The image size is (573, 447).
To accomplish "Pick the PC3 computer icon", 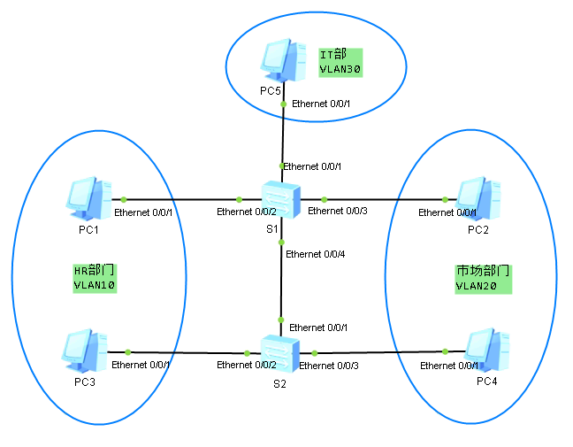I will (x=87, y=351).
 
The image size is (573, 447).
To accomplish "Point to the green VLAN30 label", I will (x=341, y=68).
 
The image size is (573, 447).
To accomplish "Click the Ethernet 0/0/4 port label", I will (x=316, y=254).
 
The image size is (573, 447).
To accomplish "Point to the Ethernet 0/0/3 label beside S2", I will (x=329, y=365).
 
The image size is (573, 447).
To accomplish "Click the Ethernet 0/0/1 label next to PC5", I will (x=321, y=104).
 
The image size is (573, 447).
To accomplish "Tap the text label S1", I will (x=272, y=229).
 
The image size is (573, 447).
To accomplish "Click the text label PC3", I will (x=85, y=381).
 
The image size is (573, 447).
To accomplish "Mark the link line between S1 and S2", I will (x=281, y=283).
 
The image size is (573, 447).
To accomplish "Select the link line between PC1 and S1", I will (x=181, y=199).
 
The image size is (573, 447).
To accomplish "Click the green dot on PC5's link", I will (x=283, y=104).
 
